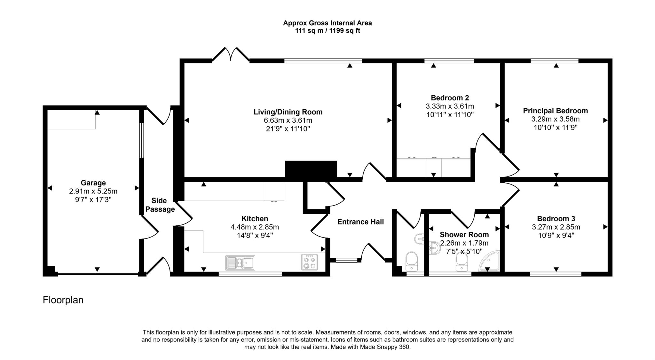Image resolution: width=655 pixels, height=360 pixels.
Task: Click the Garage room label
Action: (93, 183)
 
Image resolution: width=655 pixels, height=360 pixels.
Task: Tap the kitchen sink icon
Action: (240, 263)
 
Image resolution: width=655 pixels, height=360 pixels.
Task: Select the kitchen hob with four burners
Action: (309, 262)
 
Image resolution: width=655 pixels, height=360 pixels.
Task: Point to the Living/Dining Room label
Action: (288, 112)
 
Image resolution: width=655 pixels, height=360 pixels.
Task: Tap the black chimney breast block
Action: (311, 169)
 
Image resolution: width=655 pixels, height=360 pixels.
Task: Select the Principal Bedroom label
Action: (555, 111)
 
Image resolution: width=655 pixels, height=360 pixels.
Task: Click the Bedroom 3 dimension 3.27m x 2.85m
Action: (556, 227)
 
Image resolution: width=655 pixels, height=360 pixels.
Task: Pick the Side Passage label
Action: (160, 205)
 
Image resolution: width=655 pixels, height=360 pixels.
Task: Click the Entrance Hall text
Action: (360, 222)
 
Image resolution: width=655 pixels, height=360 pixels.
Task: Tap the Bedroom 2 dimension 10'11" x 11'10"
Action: (450, 114)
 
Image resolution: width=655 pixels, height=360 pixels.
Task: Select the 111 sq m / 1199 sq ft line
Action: (327, 31)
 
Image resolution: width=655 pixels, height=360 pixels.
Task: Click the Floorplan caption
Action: (63, 300)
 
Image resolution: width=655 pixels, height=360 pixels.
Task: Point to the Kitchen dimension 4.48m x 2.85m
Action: (255, 227)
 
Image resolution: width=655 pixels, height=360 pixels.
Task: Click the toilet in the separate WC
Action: (412, 260)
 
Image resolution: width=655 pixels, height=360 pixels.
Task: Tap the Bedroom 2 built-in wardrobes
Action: (433, 167)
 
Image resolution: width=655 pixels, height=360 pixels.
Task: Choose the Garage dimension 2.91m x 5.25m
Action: (93, 191)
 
